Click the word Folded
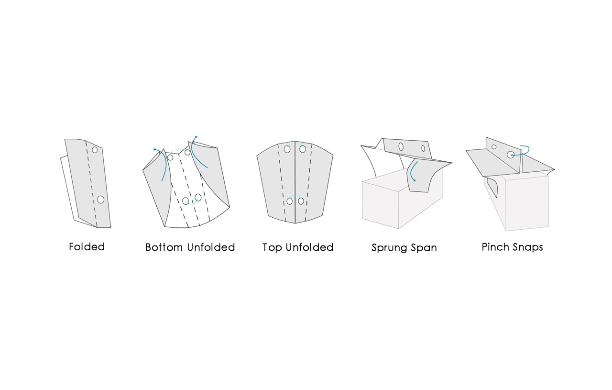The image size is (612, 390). coord(87,247)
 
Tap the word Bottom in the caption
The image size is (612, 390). coord(164,247)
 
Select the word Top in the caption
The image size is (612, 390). coord(272,248)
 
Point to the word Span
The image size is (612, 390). coord(424,248)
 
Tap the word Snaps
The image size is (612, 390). coord(528,247)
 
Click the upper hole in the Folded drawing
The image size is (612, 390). coord(95,150)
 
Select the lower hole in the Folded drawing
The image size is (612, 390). coord(101,200)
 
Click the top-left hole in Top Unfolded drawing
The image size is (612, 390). coord(287,149)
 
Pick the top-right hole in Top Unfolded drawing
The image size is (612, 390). coord(303,149)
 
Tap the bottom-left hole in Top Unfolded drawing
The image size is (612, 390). coord(290,201)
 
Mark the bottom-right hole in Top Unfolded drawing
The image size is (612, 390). coord(301,201)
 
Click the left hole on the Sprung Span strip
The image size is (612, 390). coord(401,147)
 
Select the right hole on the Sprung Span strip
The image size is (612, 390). coord(423,148)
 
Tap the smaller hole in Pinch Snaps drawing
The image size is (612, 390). coord(494,147)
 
